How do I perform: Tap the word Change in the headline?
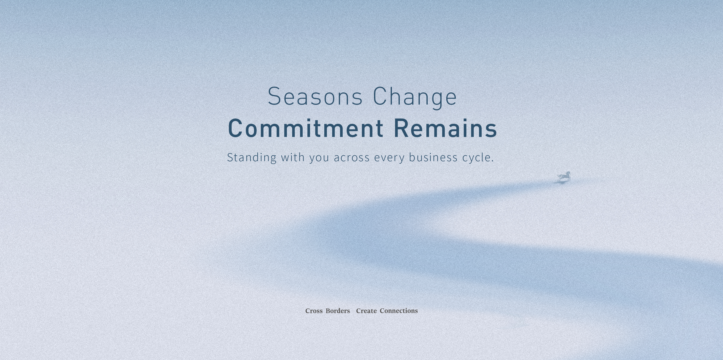tap(415, 97)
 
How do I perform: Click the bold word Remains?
tap(445, 128)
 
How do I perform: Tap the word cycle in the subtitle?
tap(476, 158)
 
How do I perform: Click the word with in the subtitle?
tap(293, 157)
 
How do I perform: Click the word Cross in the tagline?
tap(314, 311)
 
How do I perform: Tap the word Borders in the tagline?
tap(338, 311)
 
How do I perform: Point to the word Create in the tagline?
tap(366, 311)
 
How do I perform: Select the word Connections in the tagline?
tap(399, 310)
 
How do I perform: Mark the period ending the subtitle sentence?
tap(493, 161)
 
